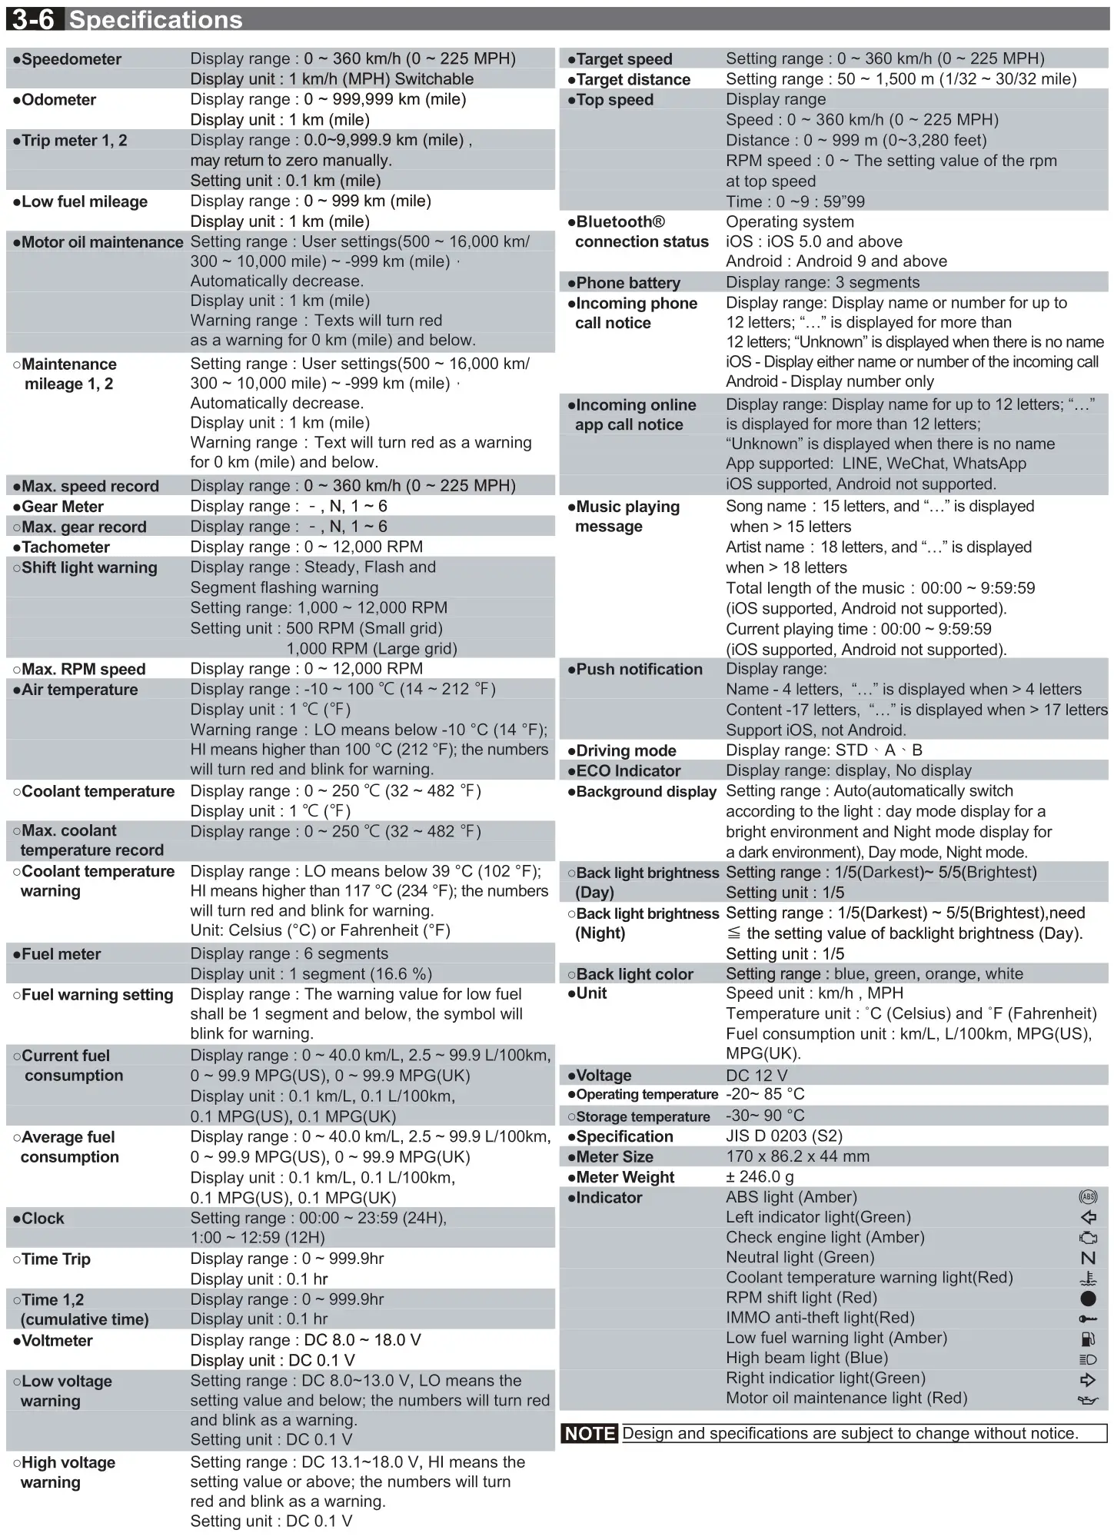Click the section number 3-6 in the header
coord(34,18)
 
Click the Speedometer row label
coord(71,59)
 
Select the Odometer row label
coord(58,100)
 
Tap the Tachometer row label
coord(65,547)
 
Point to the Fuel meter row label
coord(61,954)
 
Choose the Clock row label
coord(43,1219)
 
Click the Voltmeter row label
coord(57,1341)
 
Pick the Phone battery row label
coord(627,283)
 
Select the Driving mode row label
coord(626,751)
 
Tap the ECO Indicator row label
coord(628,771)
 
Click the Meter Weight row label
coord(625,1178)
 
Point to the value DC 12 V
coord(757,1076)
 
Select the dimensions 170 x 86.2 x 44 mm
coord(797,1156)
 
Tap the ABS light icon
coord(1088,1197)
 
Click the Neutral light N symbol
coord(1088,1259)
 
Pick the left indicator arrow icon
coord(1088,1218)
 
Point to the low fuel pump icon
coord(1088,1339)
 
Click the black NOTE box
coord(590,1434)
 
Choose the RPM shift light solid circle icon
coord(1088,1299)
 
